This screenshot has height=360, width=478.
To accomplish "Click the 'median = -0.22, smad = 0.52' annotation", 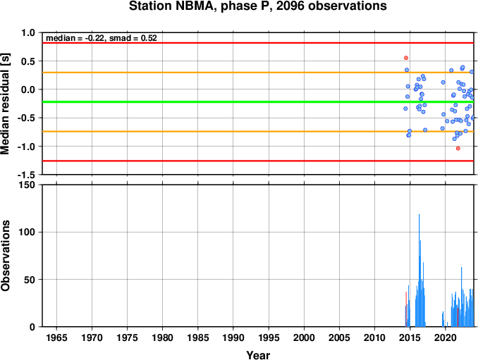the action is pyautogui.click(x=102, y=38).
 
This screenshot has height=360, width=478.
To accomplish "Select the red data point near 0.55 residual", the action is pyautogui.click(x=406, y=58).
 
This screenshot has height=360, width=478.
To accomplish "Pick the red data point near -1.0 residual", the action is pyautogui.click(x=458, y=149).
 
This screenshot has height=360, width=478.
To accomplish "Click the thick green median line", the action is pyautogui.click(x=258, y=101).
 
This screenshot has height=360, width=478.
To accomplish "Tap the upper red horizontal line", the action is pyautogui.click(x=258, y=43).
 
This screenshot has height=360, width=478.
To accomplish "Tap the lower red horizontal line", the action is pyautogui.click(x=258, y=161).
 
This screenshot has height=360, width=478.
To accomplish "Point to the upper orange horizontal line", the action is pyautogui.click(x=258, y=73).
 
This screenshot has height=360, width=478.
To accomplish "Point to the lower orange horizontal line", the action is pyautogui.click(x=258, y=131).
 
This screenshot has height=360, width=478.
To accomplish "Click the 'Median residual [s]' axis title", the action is pyautogui.click(x=6, y=104).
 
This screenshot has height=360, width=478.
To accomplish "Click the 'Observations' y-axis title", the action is pyautogui.click(x=6, y=256).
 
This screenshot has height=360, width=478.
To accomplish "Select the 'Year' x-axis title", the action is pyautogui.click(x=258, y=355).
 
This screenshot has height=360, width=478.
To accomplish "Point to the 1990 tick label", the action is pyautogui.click(x=233, y=337).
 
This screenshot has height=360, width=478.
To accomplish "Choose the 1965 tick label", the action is pyautogui.click(x=56, y=337).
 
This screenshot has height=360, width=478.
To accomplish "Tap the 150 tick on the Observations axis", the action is pyautogui.click(x=27, y=185).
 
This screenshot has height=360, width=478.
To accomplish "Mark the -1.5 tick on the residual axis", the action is pyautogui.click(x=26, y=175).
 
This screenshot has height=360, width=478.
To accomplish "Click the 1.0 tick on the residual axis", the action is pyautogui.click(x=28, y=32).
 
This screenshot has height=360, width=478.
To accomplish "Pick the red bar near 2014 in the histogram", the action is pyautogui.click(x=406, y=309).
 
